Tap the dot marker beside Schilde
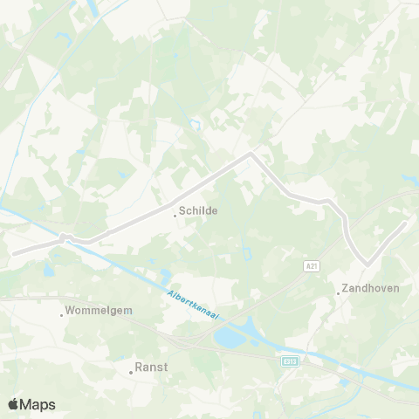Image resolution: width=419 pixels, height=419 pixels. coord(175,215)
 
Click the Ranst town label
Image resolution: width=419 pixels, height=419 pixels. coord(152,367)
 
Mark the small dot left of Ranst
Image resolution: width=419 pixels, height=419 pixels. coord(131,372)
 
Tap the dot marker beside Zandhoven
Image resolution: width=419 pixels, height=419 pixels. coord(339,293)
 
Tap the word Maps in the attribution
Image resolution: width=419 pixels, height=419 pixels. coord(39,404)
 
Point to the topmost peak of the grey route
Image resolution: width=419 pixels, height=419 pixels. coord(251,155)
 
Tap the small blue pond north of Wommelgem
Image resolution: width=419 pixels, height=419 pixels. coord(48,271)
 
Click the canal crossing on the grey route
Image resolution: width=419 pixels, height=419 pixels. coord(65,237)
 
